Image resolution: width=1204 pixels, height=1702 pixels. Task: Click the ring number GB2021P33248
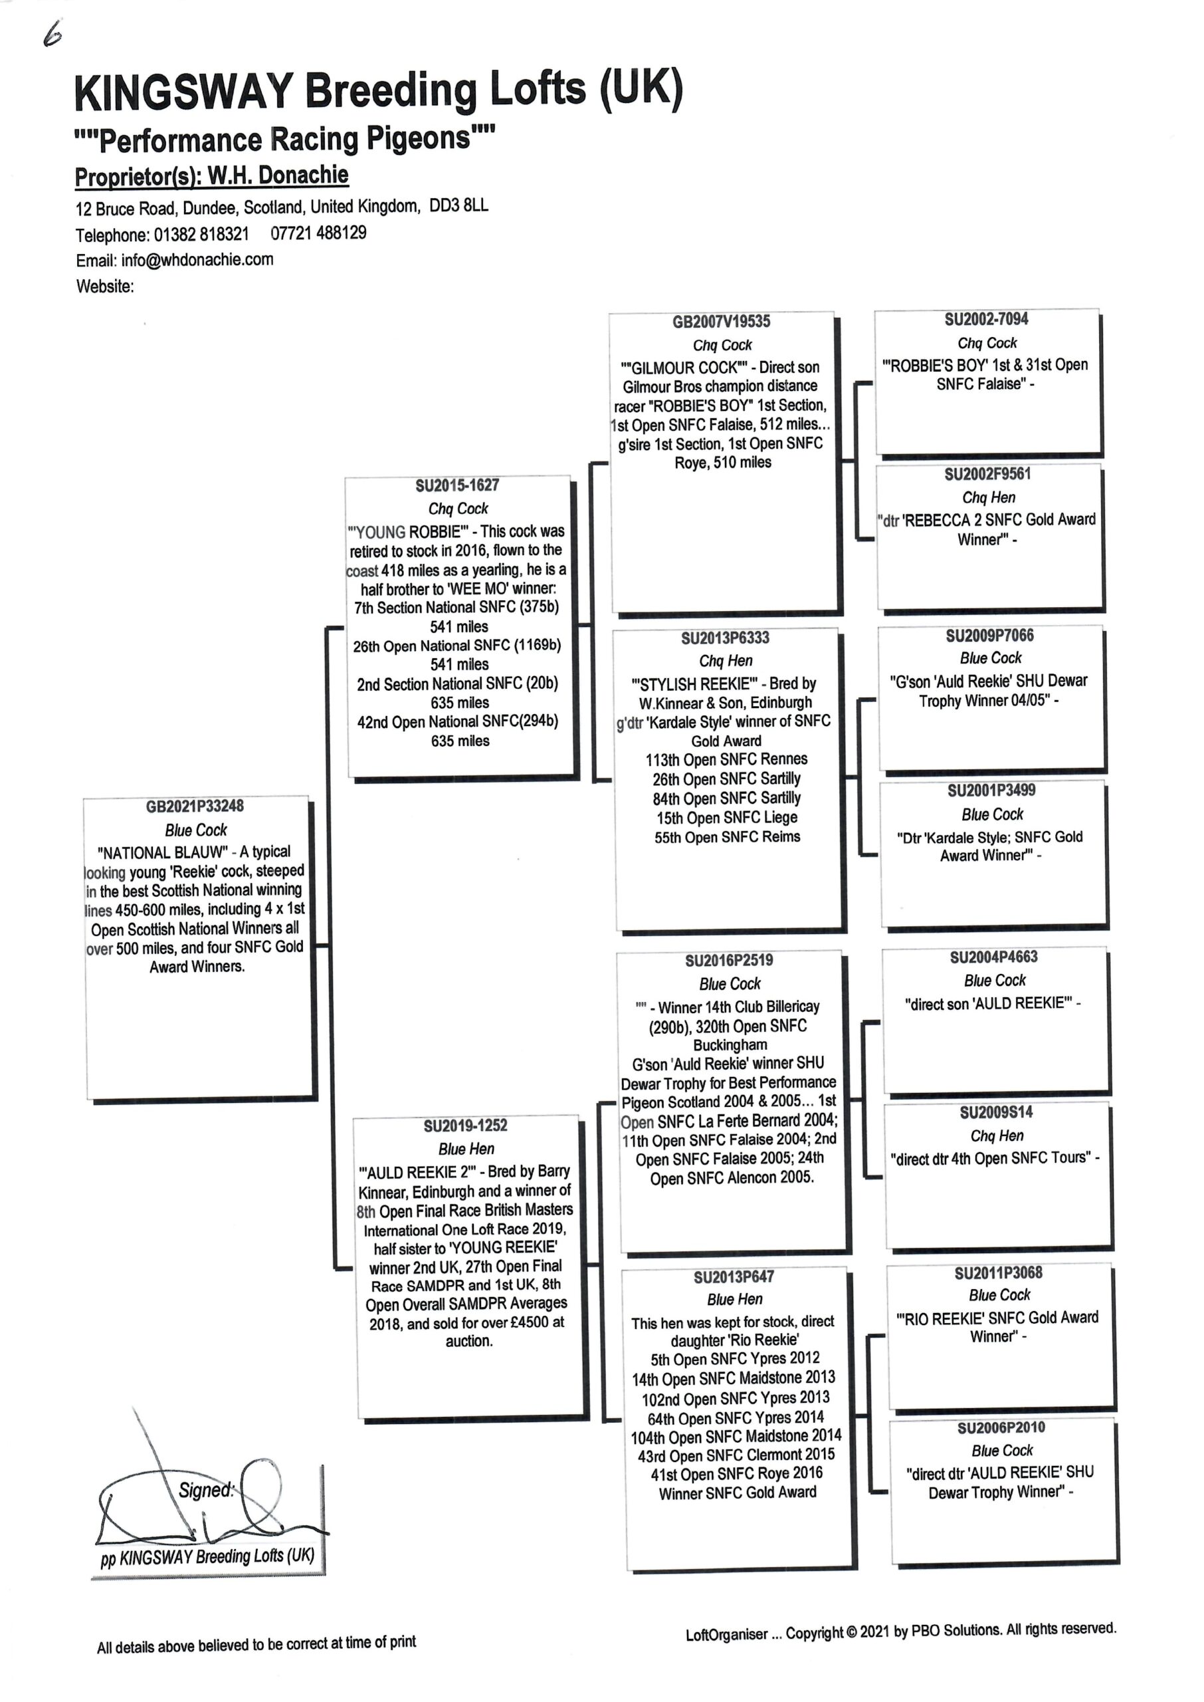pyautogui.click(x=194, y=806)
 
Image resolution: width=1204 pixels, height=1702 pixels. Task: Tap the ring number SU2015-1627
pyautogui.click(x=457, y=485)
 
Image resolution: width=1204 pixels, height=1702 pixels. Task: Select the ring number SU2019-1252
pyautogui.click(x=466, y=1125)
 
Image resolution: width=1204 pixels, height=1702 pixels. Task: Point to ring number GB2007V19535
pyautogui.click(x=722, y=321)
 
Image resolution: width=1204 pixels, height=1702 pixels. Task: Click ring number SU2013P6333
pyautogui.click(x=725, y=638)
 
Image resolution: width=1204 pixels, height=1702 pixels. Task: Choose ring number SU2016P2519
pyautogui.click(x=729, y=961)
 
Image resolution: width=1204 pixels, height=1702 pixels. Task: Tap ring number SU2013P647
pyautogui.click(x=734, y=1276)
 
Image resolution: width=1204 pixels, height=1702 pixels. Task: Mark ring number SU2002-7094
pyautogui.click(x=986, y=319)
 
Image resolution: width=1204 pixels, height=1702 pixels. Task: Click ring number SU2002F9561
pyautogui.click(x=987, y=474)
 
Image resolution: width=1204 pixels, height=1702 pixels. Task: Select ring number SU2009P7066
pyautogui.click(x=990, y=636)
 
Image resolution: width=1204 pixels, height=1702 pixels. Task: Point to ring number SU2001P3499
pyautogui.click(x=991, y=790)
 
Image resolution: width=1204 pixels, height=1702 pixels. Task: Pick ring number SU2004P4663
pyautogui.click(x=994, y=957)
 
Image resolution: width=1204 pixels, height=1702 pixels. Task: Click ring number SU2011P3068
pyautogui.click(x=998, y=1273)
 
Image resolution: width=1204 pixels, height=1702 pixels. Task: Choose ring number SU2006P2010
pyautogui.click(x=1001, y=1427)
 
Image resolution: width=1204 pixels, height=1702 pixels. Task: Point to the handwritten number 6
pyautogui.click(x=52, y=35)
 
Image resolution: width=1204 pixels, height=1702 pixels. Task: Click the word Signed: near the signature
pyautogui.click(x=206, y=1490)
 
